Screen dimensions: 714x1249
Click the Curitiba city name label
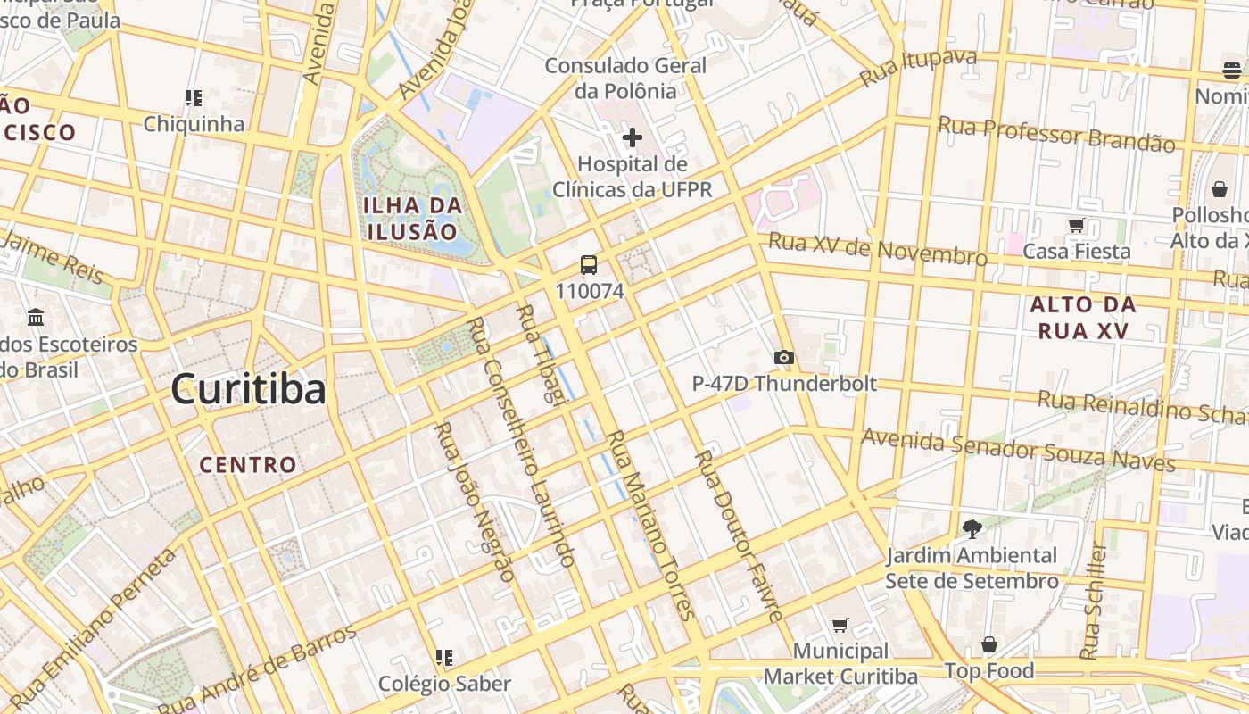[248, 390]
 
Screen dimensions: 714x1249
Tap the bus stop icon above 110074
[589, 264]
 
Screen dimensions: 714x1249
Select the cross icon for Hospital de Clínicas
[633, 137]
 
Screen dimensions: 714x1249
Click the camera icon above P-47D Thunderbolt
[783, 358]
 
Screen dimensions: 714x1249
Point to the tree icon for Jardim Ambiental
[972, 529]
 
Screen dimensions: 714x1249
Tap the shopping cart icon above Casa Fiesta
[1076, 226]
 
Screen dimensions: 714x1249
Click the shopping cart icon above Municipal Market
[840, 625]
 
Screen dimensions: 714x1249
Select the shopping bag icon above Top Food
[988, 644]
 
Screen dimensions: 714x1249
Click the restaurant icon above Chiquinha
[194, 97]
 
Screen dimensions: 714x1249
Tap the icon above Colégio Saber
[443, 658]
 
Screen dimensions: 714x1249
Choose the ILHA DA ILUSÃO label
[413, 218]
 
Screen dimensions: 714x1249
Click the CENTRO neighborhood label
[247, 465]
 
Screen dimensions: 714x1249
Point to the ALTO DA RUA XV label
[1083, 317]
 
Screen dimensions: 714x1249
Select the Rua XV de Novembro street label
[878, 249]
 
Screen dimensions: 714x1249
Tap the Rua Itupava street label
[918, 69]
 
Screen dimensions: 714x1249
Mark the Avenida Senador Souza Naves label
[1018, 450]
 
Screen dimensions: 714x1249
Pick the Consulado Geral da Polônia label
[624, 78]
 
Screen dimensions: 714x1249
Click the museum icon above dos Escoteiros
[37, 317]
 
